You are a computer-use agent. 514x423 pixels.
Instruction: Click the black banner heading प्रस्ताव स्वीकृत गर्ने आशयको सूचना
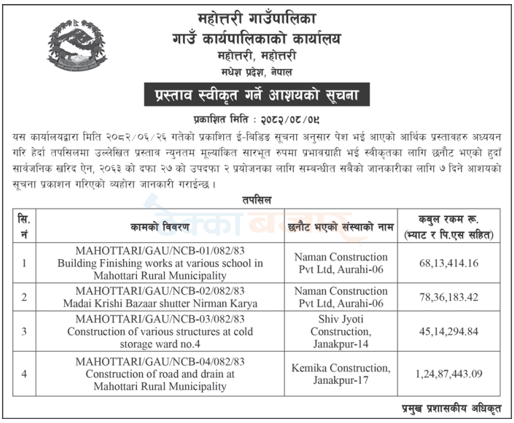tap(257, 94)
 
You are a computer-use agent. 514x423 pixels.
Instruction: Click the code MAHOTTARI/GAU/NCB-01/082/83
tap(160, 251)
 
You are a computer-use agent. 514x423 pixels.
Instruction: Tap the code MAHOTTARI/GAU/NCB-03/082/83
tap(160, 319)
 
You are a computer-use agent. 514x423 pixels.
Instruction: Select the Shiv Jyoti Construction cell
tap(341, 331)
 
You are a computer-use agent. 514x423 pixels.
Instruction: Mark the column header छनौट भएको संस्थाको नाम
tap(341, 227)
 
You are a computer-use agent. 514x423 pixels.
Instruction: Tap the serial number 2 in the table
tap(24, 297)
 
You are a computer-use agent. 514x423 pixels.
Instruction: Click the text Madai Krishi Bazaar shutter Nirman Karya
tap(160, 304)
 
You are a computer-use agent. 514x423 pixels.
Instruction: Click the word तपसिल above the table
tap(257, 200)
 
